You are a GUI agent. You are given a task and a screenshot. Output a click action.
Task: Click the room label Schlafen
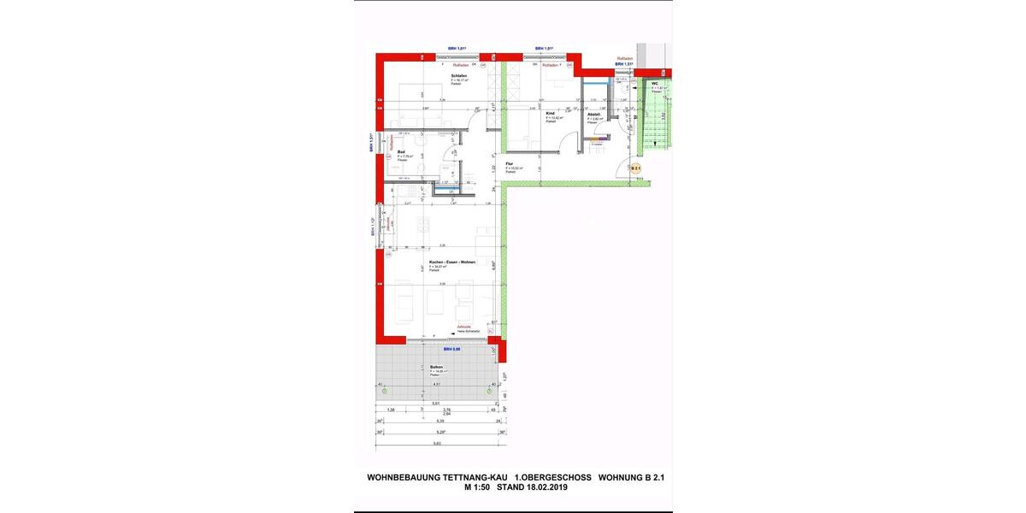[458, 76]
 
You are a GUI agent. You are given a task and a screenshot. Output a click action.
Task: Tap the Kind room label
[550, 113]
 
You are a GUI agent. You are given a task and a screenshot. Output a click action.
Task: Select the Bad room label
[401, 152]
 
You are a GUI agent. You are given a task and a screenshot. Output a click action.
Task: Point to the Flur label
[509, 163]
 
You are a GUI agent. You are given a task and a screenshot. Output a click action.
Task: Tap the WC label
[654, 84]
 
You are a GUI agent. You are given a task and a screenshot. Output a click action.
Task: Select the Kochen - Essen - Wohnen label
[452, 262]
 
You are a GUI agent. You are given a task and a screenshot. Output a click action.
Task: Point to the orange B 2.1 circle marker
[635, 169]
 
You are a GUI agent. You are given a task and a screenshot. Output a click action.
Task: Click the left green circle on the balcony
[384, 391]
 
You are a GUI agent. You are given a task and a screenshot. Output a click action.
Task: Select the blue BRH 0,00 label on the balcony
[451, 349]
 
